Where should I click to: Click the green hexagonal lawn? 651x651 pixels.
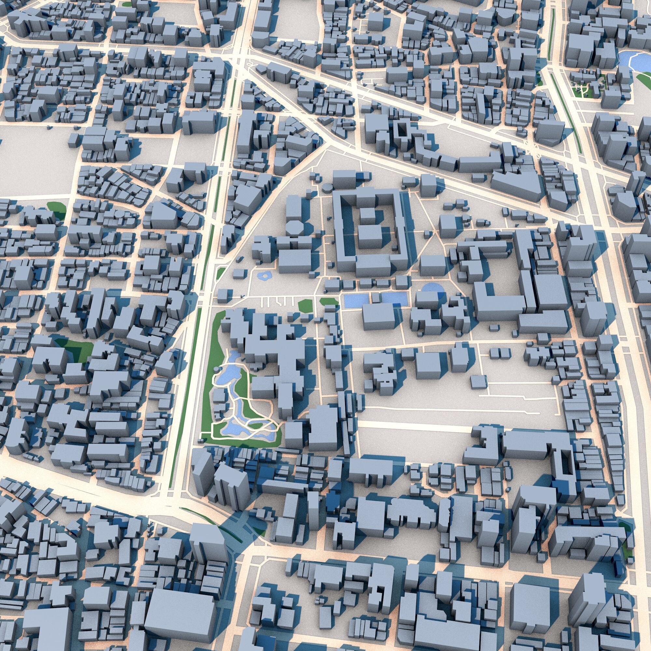pyautogui.click(x=305, y=305)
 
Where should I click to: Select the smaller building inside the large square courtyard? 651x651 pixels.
pyautogui.click(x=365, y=213)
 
